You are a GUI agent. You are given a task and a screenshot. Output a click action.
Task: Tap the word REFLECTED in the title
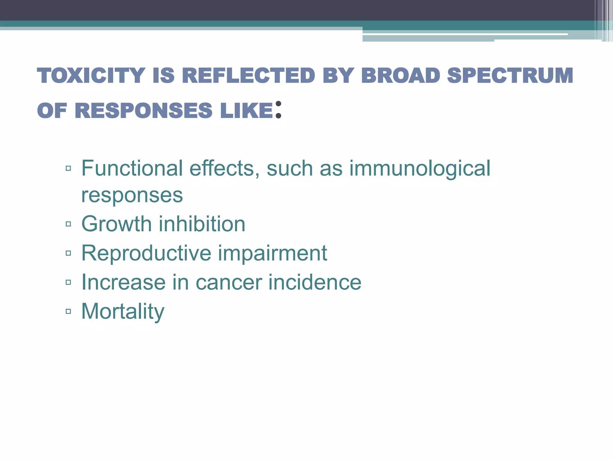tap(248, 75)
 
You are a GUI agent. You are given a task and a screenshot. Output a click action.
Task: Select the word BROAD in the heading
tap(400, 75)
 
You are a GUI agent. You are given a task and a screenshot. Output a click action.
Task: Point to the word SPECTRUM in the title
tap(510, 75)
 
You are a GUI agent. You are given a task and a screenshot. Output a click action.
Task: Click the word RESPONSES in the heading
tap(143, 111)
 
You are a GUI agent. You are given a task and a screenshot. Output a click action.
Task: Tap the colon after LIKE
tap(278, 110)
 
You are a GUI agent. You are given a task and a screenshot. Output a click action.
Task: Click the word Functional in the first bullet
tap(132, 168)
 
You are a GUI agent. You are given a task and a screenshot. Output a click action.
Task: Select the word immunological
tap(420, 169)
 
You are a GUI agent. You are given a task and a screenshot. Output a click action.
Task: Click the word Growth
tap(116, 224)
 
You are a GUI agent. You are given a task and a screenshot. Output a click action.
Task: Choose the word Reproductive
tap(146, 253)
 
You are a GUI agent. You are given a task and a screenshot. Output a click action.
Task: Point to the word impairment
tap(272, 253)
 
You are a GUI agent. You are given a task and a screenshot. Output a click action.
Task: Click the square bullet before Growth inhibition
tap(68, 224)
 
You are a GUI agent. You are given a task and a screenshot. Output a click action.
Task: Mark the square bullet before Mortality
tap(68, 311)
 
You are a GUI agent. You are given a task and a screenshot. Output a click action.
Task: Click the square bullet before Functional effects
tap(68, 168)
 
